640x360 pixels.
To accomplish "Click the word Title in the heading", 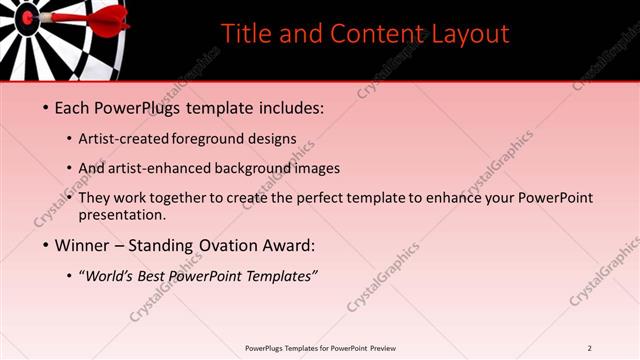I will [245, 34].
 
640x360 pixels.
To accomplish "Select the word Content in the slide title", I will [379, 34].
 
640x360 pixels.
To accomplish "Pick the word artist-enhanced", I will [162, 168].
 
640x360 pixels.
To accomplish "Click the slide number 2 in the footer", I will [590, 348].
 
